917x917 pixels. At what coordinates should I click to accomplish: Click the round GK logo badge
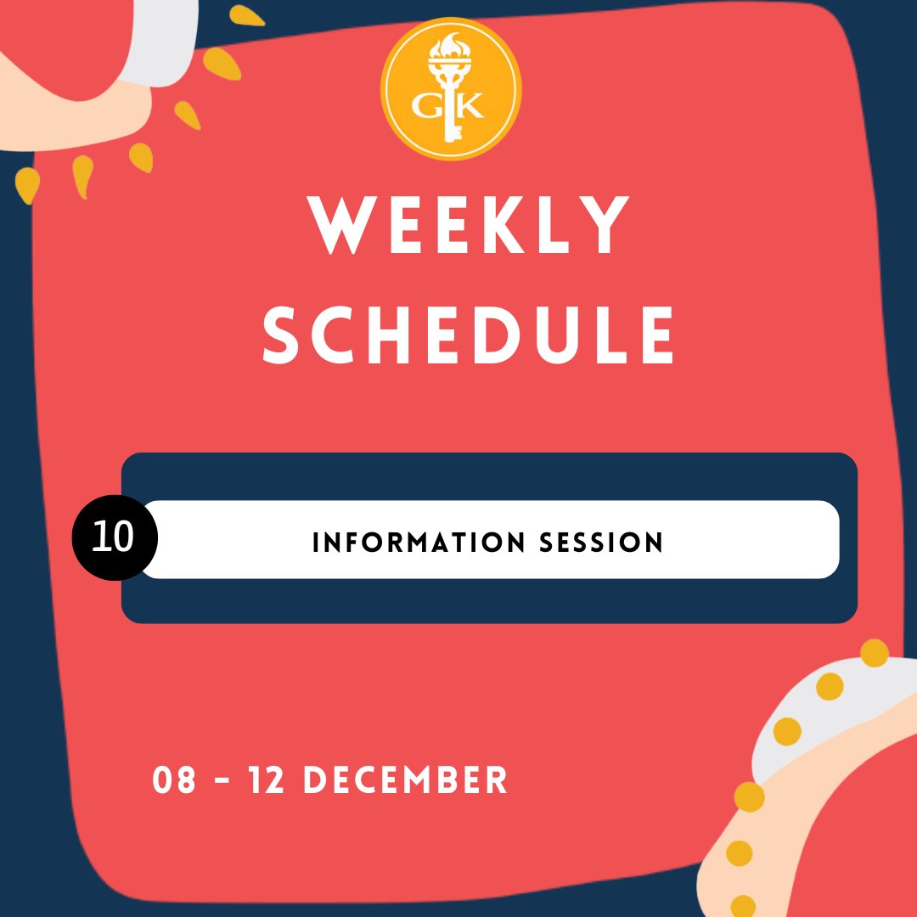tap(450, 90)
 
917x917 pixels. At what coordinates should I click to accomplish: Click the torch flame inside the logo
tap(451, 47)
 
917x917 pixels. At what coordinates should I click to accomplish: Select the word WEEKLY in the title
tap(468, 226)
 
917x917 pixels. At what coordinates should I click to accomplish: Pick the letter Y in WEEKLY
tap(600, 226)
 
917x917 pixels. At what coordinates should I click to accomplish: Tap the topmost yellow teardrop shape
tap(246, 15)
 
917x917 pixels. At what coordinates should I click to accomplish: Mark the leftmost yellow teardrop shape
tap(26, 183)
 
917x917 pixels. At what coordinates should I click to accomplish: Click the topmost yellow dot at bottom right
tap(874, 653)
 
